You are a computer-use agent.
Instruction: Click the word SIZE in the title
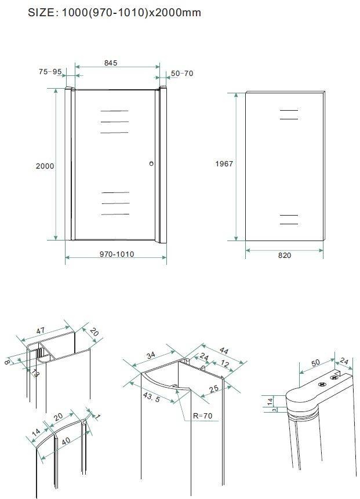pyautogui.click(x=42, y=13)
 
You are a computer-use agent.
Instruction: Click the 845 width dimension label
pyautogui.click(x=111, y=63)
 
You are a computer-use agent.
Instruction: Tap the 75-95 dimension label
pyautogui.click(x=50, y=72)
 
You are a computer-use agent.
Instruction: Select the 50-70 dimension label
pyautogui.click(x=182, y=74)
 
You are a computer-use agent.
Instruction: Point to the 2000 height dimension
pyautogui.click(x=45, y=166)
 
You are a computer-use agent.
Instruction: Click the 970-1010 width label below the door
pyautogui.click(x=117, y=254)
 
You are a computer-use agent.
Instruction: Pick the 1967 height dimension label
pyautogui.click(x=224, y=163)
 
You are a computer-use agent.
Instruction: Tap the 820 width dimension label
pyautogui.click(x=285, y=255)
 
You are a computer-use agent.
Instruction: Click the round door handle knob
pyautogui.click(x=151, y=163)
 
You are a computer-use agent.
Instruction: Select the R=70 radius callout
pyautogui.click(x=203, y=416)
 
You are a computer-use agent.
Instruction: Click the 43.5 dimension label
pyautogui.click(x=151, y=397)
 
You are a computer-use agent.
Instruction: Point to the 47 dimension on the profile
pyautogui.click(x=41, y=331)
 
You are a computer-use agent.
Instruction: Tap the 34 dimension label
pyautogui.click(x=151, y=355)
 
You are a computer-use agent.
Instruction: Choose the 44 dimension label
pyautogui.click(x=224, y=351)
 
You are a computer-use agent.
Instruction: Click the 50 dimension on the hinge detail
pyautogui.click(x=315, y=362)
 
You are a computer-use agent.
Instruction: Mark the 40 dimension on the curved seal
pyautogui.click(x=66, y=441)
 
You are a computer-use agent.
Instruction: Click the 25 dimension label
pyautogui.click(x=214, y=389)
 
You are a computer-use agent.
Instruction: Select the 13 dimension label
pyautogui.click(x=35, y=373)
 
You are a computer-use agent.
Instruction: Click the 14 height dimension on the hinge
pyautogui.click(x=270, y=401)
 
